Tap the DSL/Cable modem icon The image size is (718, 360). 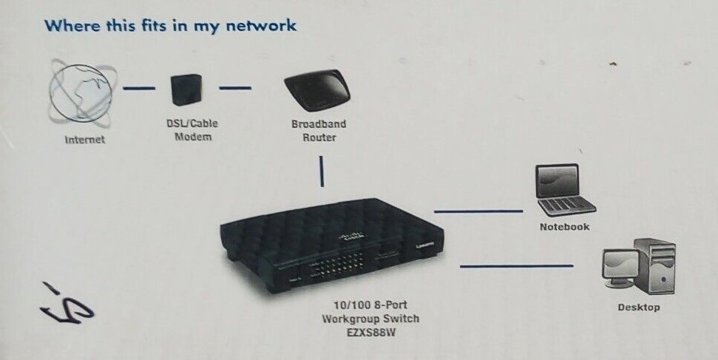click(x=185, y=90)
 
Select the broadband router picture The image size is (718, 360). click(x=317, y=93)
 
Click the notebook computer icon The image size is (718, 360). click(x=564, y=191)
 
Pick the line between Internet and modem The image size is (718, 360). click(x=138, y=89)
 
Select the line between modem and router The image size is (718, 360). click(x=236, y=89)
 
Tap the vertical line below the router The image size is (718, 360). click(x=322, y=171)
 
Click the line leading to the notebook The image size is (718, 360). click(x=478, y=211)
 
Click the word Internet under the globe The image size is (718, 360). click(x=85, y=139)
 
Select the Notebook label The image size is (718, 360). click(x=564, y=227)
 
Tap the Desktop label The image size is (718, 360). click(x=638, y=307)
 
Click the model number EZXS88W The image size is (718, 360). click(x=370, y=333)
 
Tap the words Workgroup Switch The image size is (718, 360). click(x=370, y=319)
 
